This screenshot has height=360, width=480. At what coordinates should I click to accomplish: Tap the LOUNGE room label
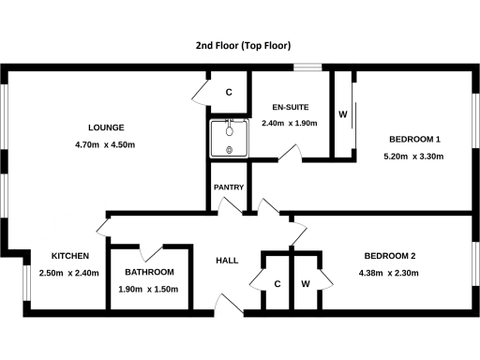(x=105, y=127)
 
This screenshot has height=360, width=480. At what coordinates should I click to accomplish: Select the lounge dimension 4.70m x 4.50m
(x=105, y=144)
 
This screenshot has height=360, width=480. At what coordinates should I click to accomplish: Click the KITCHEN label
(x=69, y=256)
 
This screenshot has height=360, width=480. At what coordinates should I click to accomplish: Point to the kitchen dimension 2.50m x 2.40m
(x=69, y=273)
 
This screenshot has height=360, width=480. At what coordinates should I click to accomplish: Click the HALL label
(x=228, y=261)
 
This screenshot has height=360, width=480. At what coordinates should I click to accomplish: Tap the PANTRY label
(x=229, y=187)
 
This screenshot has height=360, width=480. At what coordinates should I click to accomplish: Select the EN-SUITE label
(x=290, y=107)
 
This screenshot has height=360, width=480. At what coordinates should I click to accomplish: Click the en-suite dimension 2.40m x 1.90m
(x=290, y=123)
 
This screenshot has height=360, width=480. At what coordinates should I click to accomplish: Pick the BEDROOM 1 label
(x=414, y=139)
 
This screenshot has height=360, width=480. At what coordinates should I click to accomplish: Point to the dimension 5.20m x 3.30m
(x=414, y=156)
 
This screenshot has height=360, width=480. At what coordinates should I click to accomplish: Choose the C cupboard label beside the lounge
(x=229, y=92)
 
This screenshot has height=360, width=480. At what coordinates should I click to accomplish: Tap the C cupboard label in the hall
(x=277, y=283)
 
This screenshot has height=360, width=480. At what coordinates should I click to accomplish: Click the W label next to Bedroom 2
(x=306, y=283)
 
